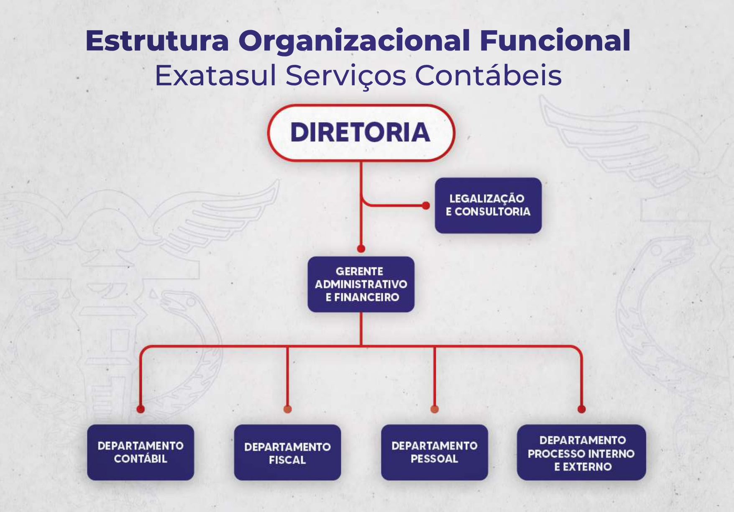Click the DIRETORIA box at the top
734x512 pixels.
click(361, 133)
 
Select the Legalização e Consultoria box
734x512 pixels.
click(488, 205)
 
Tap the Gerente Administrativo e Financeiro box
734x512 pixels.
click(361, 284)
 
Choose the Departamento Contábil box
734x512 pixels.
click(141, 452)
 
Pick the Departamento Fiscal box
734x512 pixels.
click(287, 453)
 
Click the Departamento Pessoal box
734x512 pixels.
click(435, 452)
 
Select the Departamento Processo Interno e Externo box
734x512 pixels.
click(581, 453)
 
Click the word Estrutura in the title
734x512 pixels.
click(157, 41)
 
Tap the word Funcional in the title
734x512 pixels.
click(555, 41)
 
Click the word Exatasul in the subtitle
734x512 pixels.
click(215, 76)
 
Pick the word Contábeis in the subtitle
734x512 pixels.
click(488, 76)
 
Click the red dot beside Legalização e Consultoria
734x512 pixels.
click(426, 206)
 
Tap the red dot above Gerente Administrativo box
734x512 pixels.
click(361, 249)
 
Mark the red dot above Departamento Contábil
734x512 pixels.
click(141, 409)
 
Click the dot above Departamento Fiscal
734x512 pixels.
click(287, 409)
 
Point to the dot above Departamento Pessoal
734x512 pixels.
click(435, 409)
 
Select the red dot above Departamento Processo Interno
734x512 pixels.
click(581, 409)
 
